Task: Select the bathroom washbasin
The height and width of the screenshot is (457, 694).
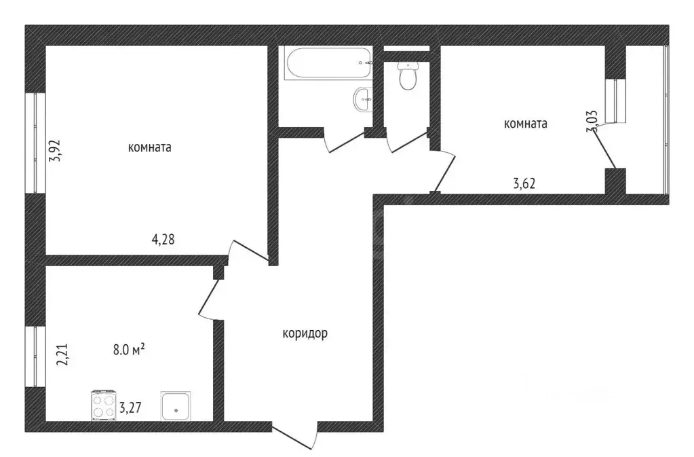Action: pos(362,100)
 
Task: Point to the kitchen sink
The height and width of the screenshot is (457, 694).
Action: pos(176,406)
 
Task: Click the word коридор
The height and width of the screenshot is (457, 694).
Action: pos(305,333)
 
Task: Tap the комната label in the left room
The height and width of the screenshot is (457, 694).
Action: pos(149,147)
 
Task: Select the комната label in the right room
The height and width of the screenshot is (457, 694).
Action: pos(525,124)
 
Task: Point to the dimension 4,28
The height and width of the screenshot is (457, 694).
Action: pos(163,238)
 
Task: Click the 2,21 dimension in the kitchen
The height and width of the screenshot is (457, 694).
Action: pos(62,355)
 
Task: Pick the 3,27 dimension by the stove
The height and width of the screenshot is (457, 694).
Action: pos(131,409)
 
